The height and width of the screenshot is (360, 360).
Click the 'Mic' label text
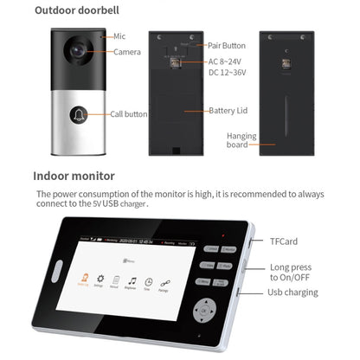click(119, 37)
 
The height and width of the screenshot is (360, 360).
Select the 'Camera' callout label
click(127, 52)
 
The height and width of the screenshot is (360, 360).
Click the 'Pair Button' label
click(227, 45)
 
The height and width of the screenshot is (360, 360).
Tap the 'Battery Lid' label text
click(228, 111)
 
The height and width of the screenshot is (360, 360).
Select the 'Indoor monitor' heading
click(74, 176)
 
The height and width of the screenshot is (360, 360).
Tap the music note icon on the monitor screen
click(132, 280)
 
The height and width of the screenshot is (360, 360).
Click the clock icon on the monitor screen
click(150, 280)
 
